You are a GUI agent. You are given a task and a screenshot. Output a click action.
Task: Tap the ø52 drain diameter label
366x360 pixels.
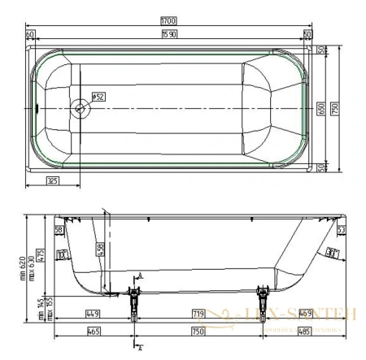click(x=98, y=97)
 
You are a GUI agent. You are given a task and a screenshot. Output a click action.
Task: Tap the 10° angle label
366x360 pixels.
click(x=63, y=254)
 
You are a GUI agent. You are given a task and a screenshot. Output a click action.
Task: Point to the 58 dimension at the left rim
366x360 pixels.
click(x=59, y=231)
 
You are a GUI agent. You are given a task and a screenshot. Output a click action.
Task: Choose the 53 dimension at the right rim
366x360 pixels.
click(x=342, y=231)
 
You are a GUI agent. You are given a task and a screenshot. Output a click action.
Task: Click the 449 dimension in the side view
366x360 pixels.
click(x=92, y=313)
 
